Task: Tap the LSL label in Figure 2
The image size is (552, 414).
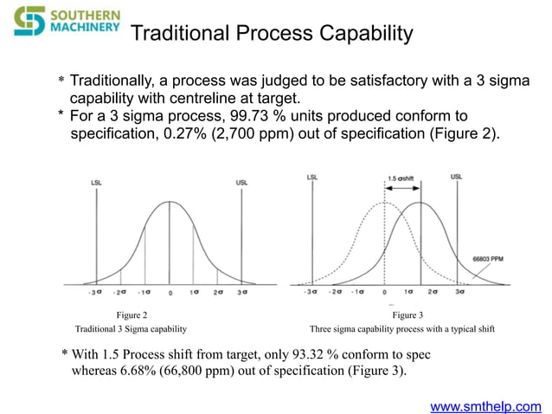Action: pyautogui.click(x=96, y=183)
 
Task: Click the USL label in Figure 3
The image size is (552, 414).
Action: pyautogui.click(x=456, y=177)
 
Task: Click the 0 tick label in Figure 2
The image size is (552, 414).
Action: pyautogui.click(x=170, y=293)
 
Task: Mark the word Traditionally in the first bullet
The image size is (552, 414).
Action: pyautogui.click(x=112, y=80)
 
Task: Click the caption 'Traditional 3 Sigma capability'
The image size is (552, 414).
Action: pyautogui.click(x=132, y=330)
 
